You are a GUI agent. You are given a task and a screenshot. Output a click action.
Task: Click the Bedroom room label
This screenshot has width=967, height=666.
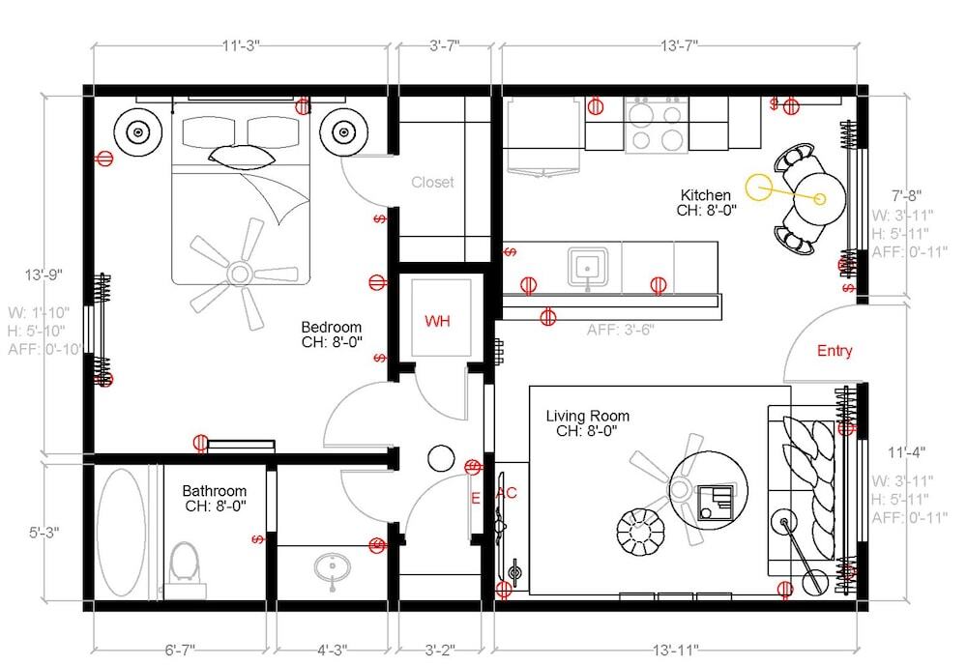point(331,327)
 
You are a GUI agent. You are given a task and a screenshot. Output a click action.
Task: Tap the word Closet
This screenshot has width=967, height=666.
point(432,182)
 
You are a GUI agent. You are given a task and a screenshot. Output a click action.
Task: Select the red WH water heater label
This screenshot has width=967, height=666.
point(437,321)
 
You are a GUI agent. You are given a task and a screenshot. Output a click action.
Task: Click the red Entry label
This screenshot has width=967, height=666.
point(835,351)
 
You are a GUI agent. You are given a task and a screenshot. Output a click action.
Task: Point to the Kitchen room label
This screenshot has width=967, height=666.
point(706,195)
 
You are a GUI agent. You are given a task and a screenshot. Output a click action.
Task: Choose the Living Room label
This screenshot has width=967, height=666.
point(587,417)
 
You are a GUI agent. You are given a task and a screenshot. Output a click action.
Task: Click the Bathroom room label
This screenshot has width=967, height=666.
point(214,491)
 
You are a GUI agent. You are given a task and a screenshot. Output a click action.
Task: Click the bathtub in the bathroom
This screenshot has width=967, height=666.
point(122,532)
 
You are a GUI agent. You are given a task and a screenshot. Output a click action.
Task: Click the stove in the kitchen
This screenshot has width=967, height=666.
point(656,125)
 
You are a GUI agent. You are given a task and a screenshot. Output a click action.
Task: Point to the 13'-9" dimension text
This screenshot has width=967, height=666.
point(44,275)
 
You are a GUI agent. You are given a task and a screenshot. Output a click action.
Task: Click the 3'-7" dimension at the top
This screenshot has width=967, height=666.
point(444,45)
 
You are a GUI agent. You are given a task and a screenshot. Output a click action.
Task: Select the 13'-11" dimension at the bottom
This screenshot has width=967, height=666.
point(676,649)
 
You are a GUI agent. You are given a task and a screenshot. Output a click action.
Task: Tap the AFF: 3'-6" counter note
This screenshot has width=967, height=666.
point(621,330)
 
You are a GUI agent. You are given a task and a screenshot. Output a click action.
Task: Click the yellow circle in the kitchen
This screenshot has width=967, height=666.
point(758,188)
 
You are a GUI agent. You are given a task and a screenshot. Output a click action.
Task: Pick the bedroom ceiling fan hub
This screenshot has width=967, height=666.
point(240,273)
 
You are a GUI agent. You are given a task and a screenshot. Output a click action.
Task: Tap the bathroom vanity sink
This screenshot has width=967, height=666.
point(332,567)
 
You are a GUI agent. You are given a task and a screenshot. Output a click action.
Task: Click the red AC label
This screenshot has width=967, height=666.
point(507,493)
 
